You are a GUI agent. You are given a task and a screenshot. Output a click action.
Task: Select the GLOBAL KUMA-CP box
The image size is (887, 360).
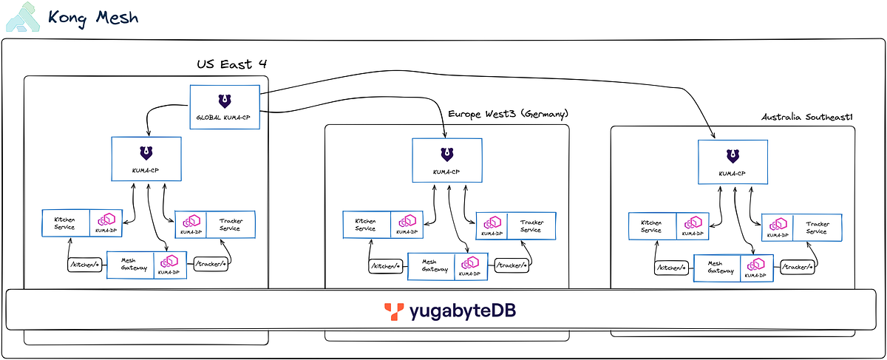click(x=225, y=107)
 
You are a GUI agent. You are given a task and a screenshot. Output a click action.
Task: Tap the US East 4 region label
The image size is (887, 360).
click(x=231, y=64)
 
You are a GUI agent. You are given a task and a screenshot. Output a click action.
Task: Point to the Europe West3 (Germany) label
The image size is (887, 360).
click(x=507, y=114)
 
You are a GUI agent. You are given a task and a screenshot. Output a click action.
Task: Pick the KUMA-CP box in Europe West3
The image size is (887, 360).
click(x=446, y=160)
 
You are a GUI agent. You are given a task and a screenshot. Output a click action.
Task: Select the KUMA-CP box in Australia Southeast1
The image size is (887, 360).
click(x=733, y=163)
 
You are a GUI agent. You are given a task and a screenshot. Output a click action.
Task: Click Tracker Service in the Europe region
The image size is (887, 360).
click(x=531, y=226)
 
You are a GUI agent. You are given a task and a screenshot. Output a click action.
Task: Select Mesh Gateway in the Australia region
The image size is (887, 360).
click(x=715, y=268)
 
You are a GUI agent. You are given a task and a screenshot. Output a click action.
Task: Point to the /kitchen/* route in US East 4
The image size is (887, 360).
click(x=84, y=264)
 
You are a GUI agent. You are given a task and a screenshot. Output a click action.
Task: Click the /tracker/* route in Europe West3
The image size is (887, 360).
click(x=512, y=265)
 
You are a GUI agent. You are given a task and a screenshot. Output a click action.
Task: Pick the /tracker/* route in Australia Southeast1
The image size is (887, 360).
click(x=798, y=266)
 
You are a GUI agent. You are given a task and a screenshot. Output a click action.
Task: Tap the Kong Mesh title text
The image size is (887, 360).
click(x=92, y=17)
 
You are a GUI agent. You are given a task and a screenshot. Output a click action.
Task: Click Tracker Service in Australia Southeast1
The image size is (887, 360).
click(x=816, y=227)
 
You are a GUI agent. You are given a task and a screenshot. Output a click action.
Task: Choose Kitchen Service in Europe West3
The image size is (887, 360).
click(x=366, y=225)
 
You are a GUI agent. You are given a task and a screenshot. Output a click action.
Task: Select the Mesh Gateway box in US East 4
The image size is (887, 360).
click(x=129, y=265)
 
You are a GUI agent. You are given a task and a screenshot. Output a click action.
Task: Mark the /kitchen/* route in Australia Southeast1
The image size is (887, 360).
click(x=670, y=268)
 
